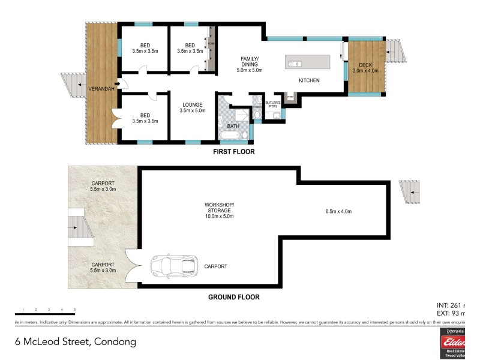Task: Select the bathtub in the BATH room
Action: point(232,136)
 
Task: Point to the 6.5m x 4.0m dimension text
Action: point(338,211)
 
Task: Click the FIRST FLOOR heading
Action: point(234,152)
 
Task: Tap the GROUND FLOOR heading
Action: point(234,297)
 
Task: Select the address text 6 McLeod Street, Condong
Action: point(76,342)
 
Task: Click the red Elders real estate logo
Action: point(456,343)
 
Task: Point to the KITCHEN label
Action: point(309,80)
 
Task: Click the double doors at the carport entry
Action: point(134,265)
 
